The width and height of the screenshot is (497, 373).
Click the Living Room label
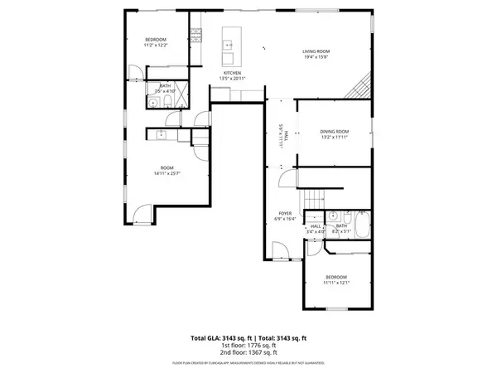click(x=316, y=51)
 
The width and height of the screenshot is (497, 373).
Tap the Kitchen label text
click(x=232, y=74)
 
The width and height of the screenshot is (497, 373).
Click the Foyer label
click(x=284, y=214)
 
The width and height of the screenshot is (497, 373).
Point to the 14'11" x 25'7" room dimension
click(x=166, y=173)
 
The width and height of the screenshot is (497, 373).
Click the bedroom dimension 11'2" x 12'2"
click(x=157, y=45)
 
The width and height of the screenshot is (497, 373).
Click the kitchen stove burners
click(x=196, y=35)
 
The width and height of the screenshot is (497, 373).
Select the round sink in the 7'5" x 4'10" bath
click(x=153, y=103)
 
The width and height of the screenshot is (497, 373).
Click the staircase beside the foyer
click(x=312, y=200)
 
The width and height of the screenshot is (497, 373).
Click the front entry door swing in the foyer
click(x=279, y=247)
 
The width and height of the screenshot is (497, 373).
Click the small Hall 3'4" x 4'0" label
click(x=316, y=228)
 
